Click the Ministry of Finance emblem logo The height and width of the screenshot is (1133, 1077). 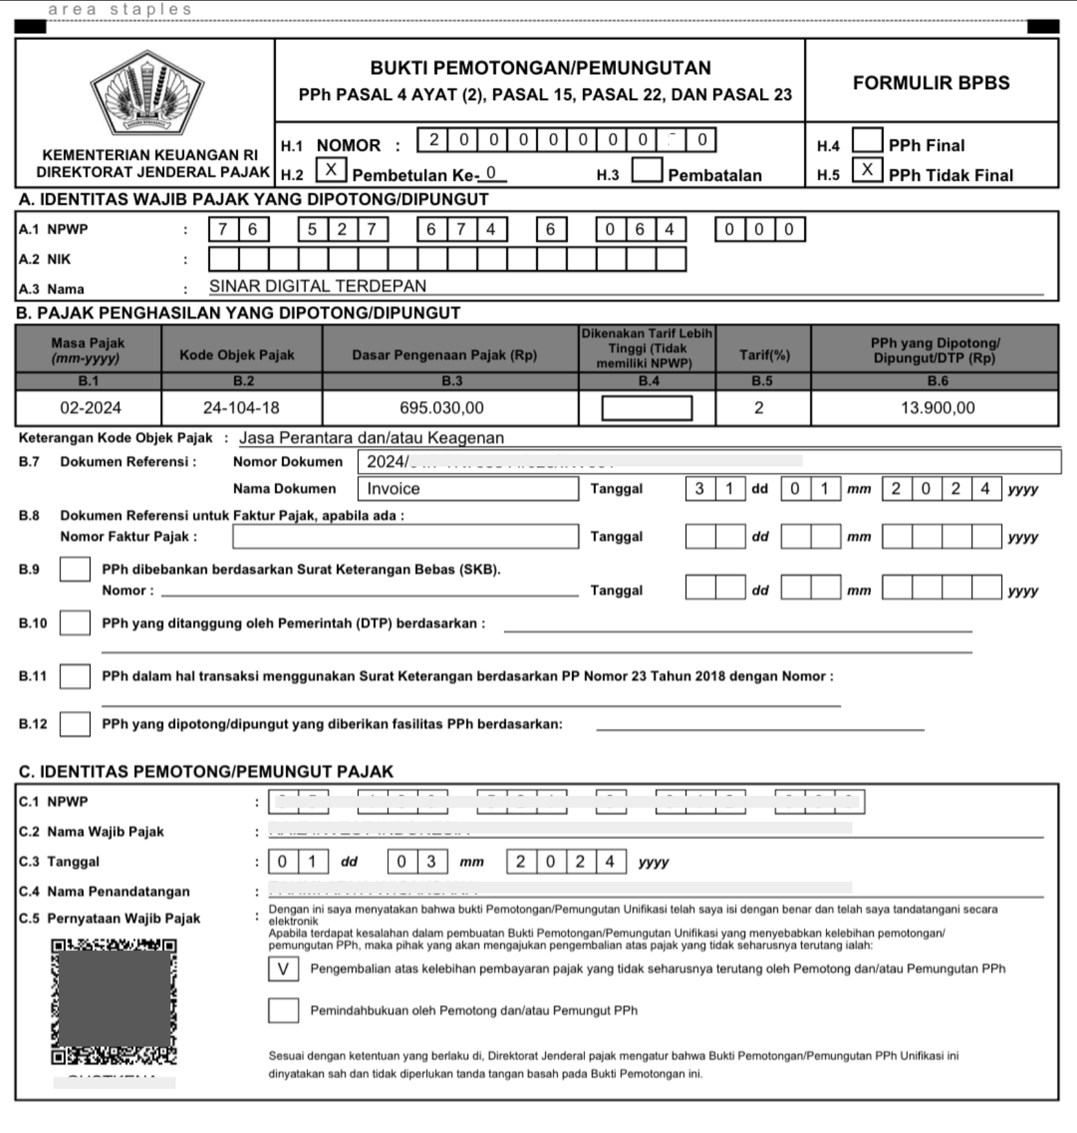click(x=147, y=93)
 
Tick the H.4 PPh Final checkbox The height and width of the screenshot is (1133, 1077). click(x=867, y=140)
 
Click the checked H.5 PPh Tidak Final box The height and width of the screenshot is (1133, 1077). click(x=867, y=170)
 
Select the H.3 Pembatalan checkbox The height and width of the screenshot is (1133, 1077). click(x=646, y=170)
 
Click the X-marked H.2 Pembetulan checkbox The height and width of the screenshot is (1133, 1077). click(x=331, y=170)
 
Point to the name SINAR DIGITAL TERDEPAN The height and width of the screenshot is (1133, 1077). click(x=318, y=286)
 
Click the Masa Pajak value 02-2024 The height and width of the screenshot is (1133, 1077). click(x=90, y=408)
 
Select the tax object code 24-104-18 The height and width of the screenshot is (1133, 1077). click(x=241, y=408)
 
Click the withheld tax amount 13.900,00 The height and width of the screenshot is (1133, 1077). click(x=938, y=408)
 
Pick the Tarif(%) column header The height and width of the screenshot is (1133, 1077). click(x=764, y=355)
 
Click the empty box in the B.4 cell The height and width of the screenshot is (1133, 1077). click(x=646, y=408)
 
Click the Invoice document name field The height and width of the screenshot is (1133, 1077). click(x=467, y=488)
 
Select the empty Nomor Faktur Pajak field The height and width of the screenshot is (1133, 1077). click(x=405, y=536)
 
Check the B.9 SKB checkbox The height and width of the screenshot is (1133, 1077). click(x=75, y=569)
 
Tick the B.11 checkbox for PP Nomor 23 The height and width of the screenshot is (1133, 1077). click(x=75, y=676)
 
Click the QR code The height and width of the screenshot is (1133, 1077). click(x=114, y=1001)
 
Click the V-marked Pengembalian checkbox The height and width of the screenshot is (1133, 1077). click(x=283, y=969)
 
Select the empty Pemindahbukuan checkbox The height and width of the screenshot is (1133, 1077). click(x=283, y=1010)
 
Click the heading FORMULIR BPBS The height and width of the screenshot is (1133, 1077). click(x=930, y=83)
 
